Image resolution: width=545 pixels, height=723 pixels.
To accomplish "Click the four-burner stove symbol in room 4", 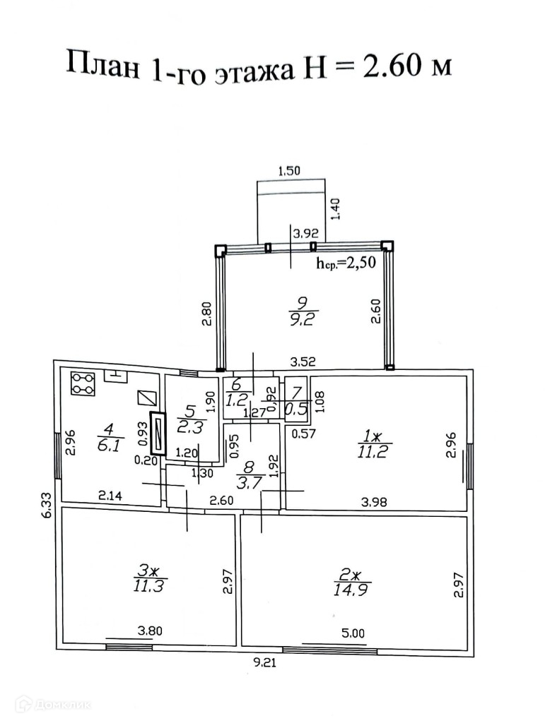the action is [x=83, y=383].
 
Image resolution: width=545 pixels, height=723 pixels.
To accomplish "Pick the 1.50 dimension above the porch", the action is [x=290, y=170].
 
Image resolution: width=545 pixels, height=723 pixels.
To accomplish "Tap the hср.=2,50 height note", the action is [x=345, y=263].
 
